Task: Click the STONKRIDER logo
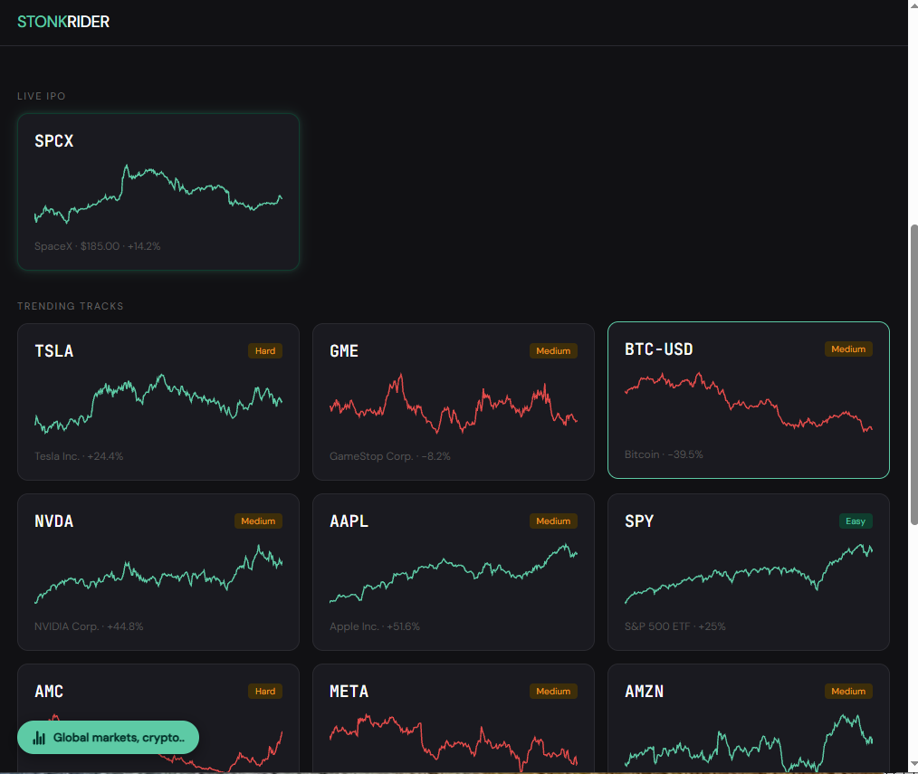(x=63, y=22)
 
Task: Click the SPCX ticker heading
(x=53, y=141)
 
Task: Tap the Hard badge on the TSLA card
(x=265, y=350)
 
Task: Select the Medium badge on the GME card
(x=553, y=350)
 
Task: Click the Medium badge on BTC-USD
(x=848, y=349)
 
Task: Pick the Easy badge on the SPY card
(x=856, y=521)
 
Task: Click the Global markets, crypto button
(x=109, y=738)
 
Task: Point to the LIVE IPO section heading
(x=42, y=96)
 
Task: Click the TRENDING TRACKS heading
(x=71, y=306)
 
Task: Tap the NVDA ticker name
(x=53, y=521)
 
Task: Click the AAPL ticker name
(x=349, y=521)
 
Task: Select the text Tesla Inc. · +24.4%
(x=79, y=456)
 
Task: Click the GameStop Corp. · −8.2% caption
(x=390, y=456)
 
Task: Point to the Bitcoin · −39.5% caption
(x=664, y=454)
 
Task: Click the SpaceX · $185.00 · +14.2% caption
(x=97, y=246)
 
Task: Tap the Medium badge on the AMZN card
(x=848, y=692)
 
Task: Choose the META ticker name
(x=349, y=692)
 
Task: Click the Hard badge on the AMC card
(x=265, y=692)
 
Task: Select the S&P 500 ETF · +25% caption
(x=675, y=626)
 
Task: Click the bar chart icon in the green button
(x=39, y=738)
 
